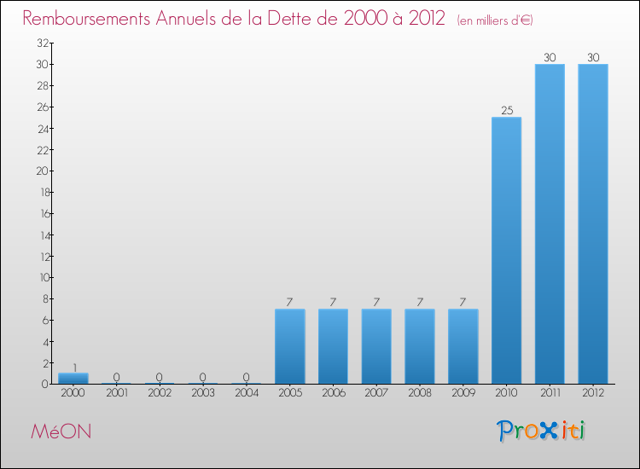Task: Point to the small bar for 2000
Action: click(73, 379)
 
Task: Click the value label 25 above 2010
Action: click(506, 110)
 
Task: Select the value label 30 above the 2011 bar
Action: click(550, 57)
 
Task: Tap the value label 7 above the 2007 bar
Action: click(376, 302)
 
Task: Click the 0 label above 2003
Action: click(203, 377)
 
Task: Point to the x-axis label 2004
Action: click(247, 392)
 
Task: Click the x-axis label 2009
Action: click(463, 392)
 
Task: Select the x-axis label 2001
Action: click(117, 392)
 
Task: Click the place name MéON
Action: click(61, 431)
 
